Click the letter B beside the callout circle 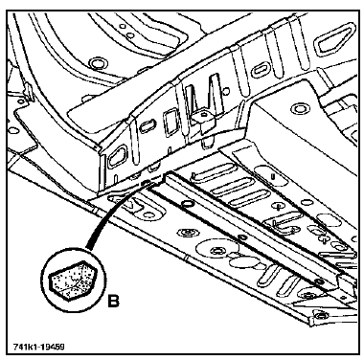(113, 301)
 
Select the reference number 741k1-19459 (38, 347)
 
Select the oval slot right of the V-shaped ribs (261, 71)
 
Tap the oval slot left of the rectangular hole (148, 125)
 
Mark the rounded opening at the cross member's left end (116, 156)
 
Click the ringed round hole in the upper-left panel (96, 63)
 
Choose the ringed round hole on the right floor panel (299, 108)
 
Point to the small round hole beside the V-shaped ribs (226, 92)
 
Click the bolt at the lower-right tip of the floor (319, 316)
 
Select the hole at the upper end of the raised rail (187, 203)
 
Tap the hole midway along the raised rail (242, 237)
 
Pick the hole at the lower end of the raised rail (318, 281)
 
